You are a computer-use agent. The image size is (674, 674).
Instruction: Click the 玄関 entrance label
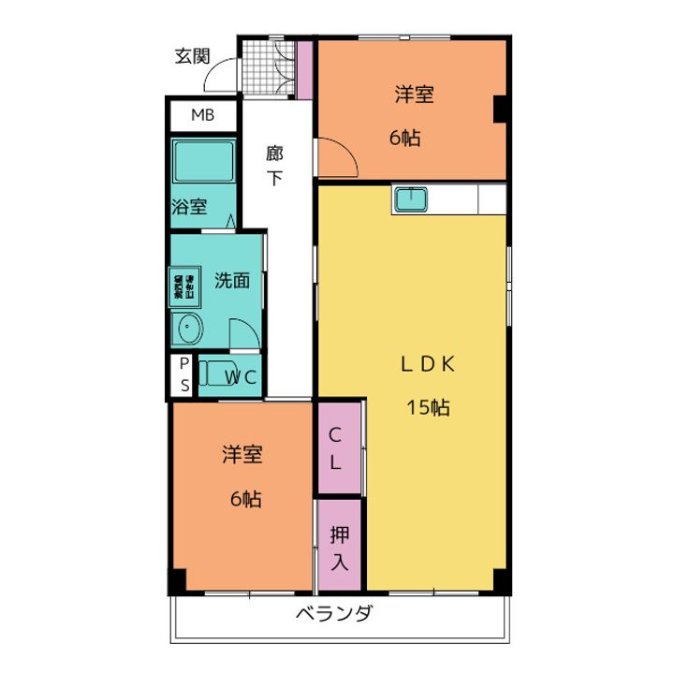192,55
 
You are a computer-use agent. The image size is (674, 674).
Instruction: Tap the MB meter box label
201,116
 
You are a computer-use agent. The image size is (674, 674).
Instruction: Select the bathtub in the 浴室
203,165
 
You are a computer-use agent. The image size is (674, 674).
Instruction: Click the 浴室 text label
189,207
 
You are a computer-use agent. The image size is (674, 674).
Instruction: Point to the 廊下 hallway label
273,166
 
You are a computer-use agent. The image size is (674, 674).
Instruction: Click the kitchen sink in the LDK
411,198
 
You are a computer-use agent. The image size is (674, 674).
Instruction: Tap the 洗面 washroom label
231,280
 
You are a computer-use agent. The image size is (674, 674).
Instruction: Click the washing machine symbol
183,286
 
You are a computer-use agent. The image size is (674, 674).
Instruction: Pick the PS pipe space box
183,374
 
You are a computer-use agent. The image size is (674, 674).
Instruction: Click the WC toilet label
241,377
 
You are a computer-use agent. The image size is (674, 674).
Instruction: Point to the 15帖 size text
428,408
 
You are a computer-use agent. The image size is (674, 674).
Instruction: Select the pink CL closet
337,447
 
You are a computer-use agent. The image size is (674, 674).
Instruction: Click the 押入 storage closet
339,547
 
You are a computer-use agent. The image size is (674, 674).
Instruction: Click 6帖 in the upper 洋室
405,138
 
